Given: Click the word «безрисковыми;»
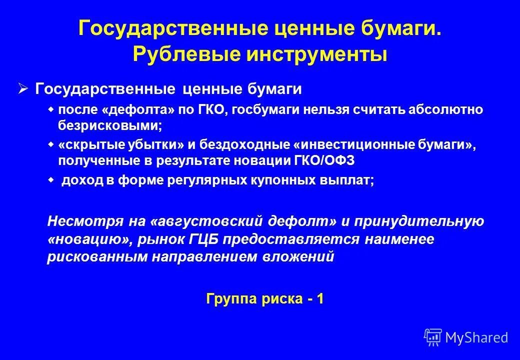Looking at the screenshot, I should coord(110,125).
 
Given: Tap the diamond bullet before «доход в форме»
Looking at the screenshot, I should coord(50,180).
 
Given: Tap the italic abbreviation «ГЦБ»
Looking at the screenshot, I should coord(202,239).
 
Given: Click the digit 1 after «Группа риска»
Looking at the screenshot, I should coord(320,299).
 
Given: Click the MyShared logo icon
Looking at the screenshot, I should coord(432,337).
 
